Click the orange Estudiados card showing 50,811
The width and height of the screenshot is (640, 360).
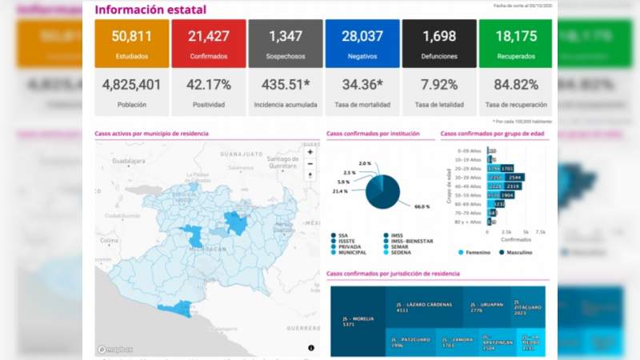131,43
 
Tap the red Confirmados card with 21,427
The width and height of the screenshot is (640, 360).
208,43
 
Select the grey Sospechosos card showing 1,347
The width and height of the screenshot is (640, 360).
286,43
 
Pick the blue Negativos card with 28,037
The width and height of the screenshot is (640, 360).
362,43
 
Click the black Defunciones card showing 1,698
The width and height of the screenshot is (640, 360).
438,43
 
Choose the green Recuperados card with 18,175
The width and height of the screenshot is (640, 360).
515,43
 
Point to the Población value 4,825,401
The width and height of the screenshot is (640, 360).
131,84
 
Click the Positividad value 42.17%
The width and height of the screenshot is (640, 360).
208,84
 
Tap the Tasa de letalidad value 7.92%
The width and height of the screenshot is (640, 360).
438,84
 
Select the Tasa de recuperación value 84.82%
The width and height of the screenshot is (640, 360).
515,84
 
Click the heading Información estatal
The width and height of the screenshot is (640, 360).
150,10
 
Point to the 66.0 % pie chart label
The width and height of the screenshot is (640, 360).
422,206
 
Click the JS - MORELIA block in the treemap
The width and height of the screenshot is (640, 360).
357,321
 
